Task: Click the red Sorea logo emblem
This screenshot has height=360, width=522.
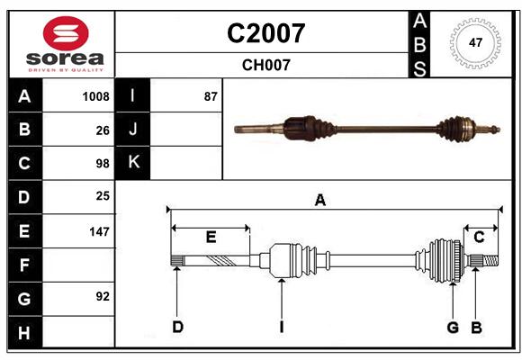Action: point(66,33)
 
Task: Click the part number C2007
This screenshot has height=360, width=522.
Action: point(266,33)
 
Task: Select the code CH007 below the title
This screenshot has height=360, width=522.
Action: point(266,65)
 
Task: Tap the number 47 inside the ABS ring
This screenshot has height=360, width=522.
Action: point(475,42)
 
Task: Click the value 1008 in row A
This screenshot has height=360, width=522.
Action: point(96,96)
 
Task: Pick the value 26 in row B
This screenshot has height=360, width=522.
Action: point(103,130)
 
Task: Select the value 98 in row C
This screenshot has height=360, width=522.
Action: point(103,164)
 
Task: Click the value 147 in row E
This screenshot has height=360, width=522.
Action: point(99,231)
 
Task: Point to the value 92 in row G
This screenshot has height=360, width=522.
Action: point(103,296)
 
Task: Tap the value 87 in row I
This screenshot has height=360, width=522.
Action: point(211,96)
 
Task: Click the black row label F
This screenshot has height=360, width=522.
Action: point(25,265)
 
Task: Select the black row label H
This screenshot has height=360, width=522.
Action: point(25,332)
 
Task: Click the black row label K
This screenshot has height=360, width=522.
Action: point(133,163)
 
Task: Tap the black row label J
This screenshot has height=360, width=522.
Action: point(133,129)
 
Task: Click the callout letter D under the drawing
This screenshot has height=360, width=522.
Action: point(178,327)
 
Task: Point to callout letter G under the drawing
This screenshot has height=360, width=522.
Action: point(453,328)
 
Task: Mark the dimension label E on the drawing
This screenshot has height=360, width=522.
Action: point(211,237)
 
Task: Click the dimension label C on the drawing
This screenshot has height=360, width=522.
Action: point(479,237)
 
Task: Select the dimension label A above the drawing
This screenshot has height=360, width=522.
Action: point(319,200)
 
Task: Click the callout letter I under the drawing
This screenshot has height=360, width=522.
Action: point(282,327)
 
